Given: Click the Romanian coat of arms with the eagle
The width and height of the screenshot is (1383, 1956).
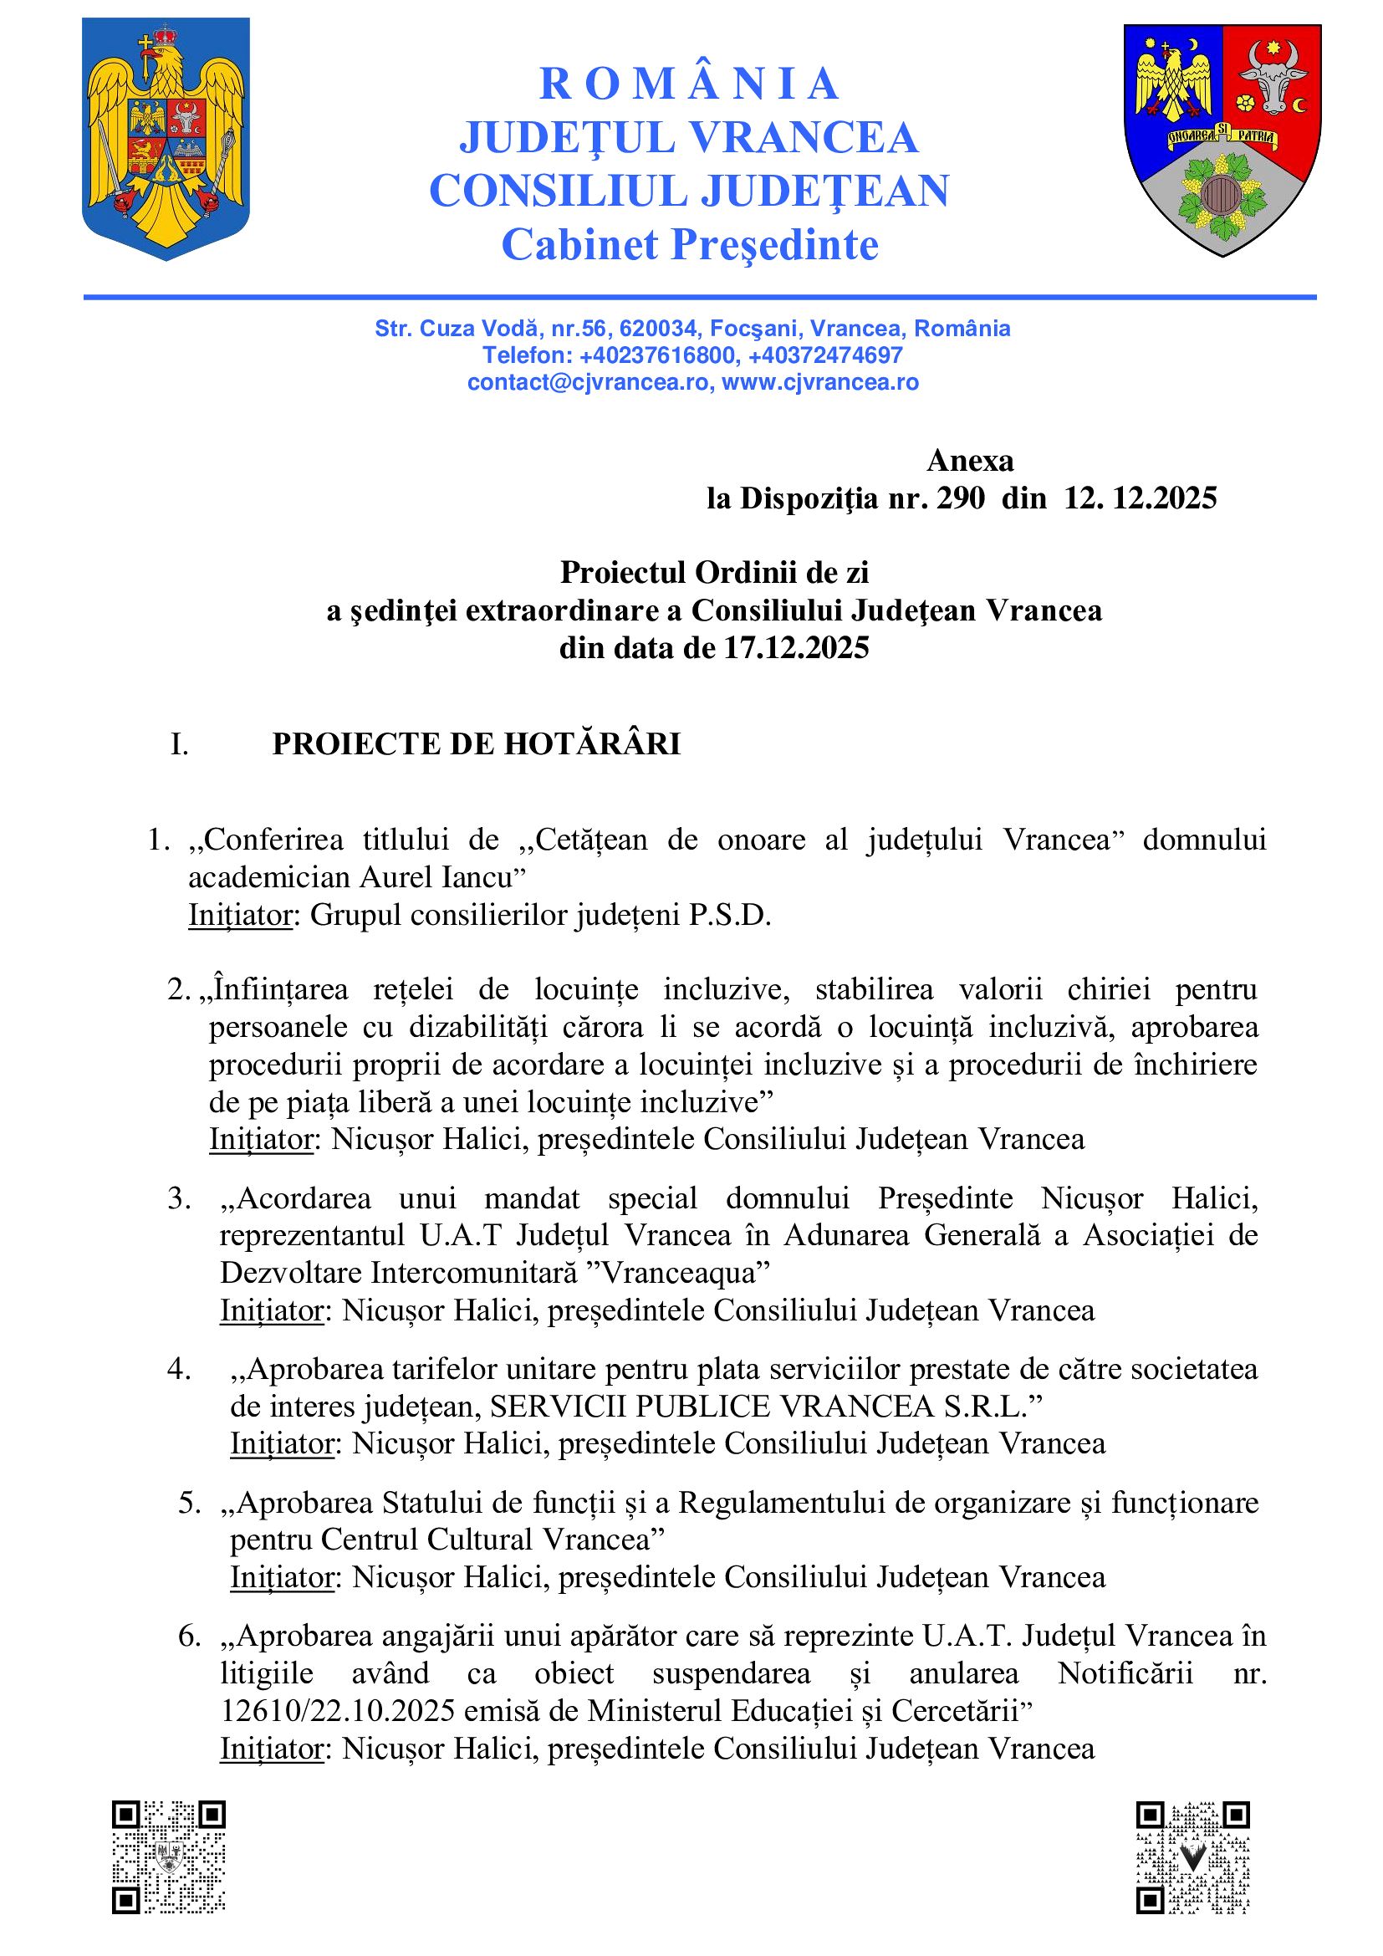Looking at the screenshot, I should tap(166, 138).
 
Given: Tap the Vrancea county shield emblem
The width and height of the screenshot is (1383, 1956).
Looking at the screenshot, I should tap(1222, 140).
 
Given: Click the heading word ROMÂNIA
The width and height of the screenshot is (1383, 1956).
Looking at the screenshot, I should tap(690, 84).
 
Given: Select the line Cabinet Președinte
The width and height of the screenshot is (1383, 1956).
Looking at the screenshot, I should tap(690, 245).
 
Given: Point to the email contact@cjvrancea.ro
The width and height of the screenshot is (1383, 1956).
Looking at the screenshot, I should tap(588, 382).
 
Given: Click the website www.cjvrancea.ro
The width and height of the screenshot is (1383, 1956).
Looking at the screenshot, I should tap(820, 382).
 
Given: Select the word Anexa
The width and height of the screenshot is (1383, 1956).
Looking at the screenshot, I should tap(970, 461).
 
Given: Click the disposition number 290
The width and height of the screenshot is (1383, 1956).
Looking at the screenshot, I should tap(961, 498).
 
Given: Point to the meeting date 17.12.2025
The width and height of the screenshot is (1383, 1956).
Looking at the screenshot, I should tap(797, 648).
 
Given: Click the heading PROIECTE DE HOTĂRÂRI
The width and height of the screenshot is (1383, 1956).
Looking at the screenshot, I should tap(476, 744).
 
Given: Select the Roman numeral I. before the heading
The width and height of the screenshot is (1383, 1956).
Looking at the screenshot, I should tap(179, 745).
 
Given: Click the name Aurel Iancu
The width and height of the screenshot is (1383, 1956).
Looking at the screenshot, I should tap(441, 877).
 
